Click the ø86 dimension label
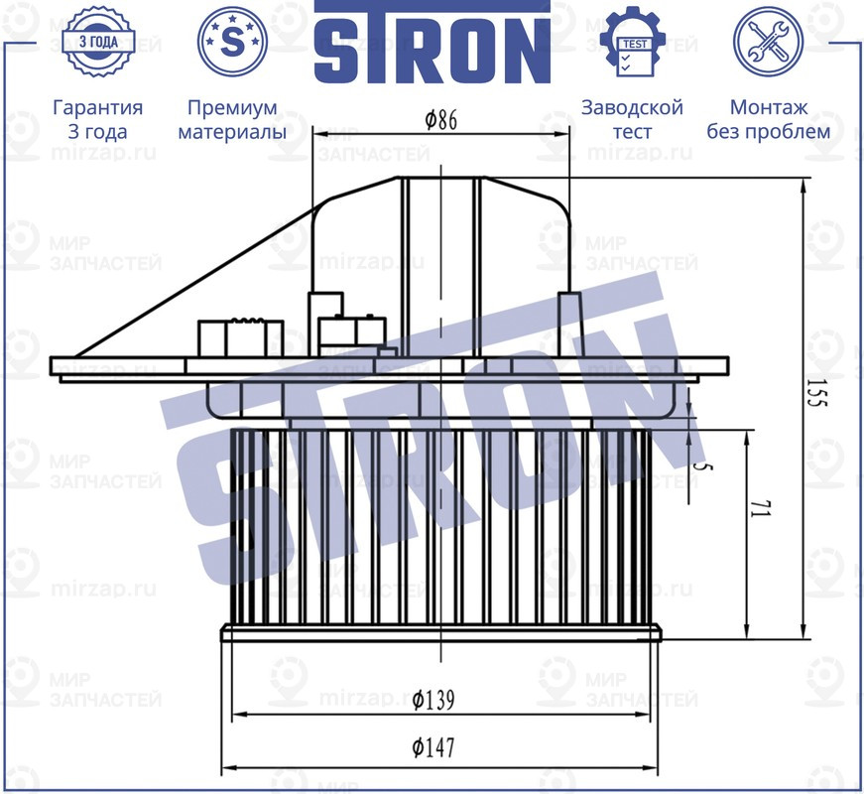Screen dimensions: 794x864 [440, 121]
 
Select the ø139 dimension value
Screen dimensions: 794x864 [432, 700]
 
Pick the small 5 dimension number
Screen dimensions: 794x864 [704, 463]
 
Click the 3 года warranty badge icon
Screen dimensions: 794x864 [97, 42]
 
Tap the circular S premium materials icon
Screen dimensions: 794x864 [233, 42]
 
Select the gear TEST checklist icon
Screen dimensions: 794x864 [632, 42]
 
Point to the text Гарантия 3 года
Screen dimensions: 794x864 [97, 119]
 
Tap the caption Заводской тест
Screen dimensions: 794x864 [632, 119]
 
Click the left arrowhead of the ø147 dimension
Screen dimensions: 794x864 [226, 767]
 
